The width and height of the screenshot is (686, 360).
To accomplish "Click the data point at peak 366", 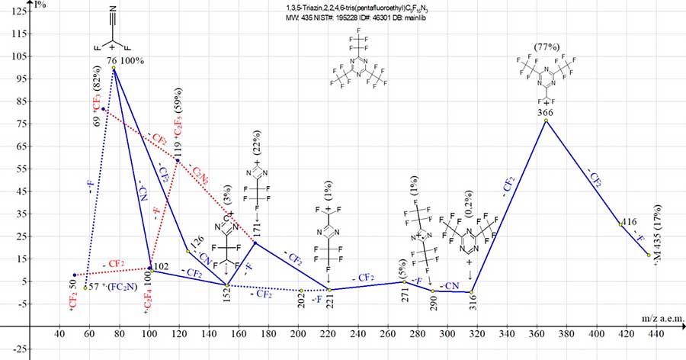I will [x=546, y=121].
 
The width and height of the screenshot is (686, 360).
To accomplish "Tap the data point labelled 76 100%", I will [x=114, y=68].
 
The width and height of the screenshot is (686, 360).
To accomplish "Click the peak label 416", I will [x=630, y=221].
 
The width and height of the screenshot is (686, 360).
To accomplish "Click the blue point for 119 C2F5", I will [x=178, y=160].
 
